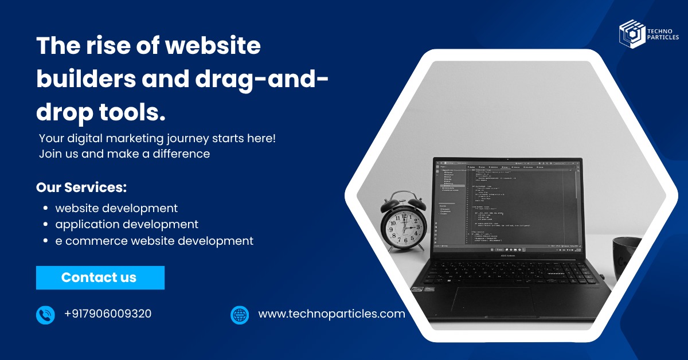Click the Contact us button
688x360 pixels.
tap(100, 277)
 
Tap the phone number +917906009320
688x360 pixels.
tap(108, 314)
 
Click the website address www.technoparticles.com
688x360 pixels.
tap(331, 314)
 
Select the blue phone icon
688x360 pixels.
tap(45, 315)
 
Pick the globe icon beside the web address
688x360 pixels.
tap(240, 315)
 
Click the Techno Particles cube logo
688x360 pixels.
tap(632, 34)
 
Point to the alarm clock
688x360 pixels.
tap(404, 224)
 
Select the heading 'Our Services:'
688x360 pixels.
tap(81, 187)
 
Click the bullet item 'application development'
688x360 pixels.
tap(127, 224)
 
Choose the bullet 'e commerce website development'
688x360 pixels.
tap(154, 241)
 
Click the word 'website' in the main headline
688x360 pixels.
tap(213, 45)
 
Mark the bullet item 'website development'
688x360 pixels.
tap(116, 208)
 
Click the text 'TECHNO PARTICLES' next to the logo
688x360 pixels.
tap(663, 34)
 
